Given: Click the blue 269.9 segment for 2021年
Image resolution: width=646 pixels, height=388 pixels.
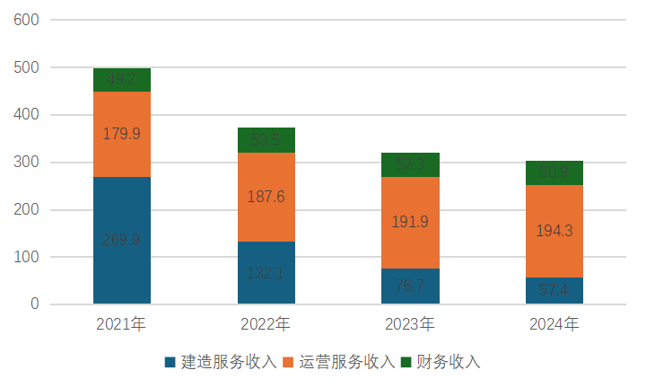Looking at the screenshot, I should tap(122, 241).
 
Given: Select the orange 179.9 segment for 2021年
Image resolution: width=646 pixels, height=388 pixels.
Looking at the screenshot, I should tap(122, 135).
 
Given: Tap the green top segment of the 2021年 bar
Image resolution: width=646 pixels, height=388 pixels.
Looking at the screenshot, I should tap(122, 80).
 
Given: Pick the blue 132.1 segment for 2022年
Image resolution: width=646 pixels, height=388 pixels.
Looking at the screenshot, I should tap(266, 273).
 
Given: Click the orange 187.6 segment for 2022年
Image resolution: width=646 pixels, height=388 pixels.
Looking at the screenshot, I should tap(266, 198).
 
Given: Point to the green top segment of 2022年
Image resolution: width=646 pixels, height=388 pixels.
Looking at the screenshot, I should tap(266, 140).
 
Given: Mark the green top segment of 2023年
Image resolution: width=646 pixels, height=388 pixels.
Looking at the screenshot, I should tap(410, 165).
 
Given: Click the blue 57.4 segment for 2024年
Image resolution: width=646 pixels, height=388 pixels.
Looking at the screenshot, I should tap(554, 291).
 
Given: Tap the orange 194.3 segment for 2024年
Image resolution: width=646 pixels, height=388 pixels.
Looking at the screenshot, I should tap(554, 232).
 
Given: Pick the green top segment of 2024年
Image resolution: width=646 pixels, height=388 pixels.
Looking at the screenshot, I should tap(554, 173).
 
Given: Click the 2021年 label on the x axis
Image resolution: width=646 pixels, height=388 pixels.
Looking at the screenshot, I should tap(121, 323).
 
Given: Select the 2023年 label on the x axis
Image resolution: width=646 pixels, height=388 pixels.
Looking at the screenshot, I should tap(410, 323).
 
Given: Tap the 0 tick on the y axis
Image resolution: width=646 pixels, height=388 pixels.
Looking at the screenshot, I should tap(34, 304).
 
